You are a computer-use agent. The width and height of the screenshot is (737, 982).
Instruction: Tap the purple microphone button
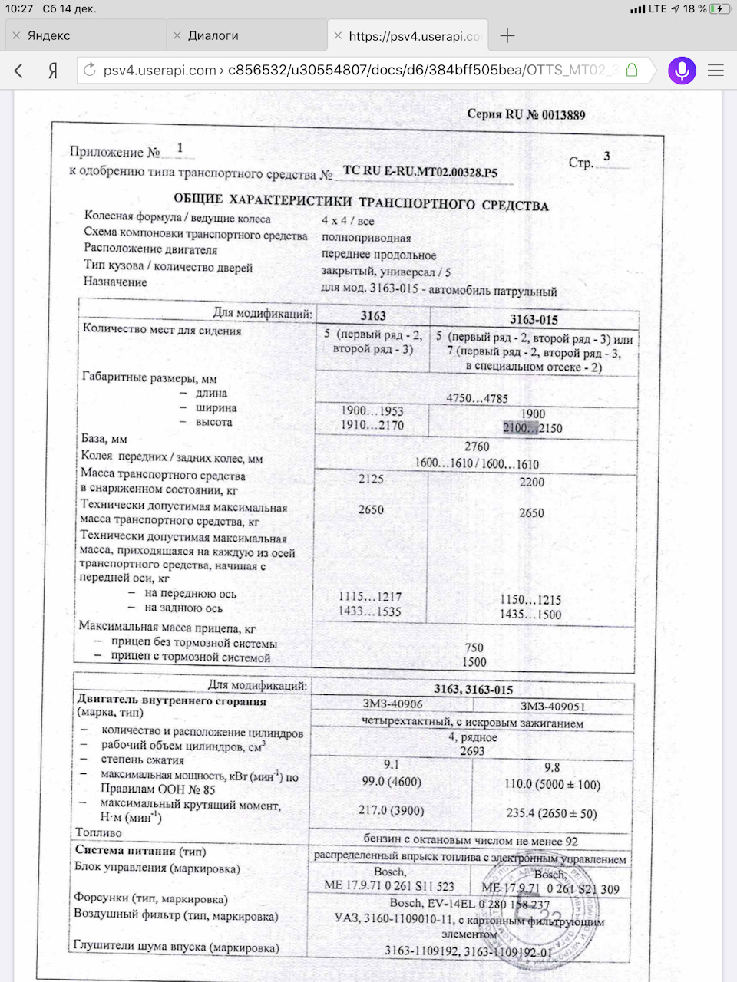pos(682,71)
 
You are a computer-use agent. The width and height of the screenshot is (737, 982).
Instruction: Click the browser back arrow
pos(19,71)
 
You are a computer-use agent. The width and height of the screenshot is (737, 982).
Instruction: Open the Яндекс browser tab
pos(49,35)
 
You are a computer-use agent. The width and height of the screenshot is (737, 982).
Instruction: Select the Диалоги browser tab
pos(213,35)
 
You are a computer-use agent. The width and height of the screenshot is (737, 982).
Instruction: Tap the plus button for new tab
pos(507,35)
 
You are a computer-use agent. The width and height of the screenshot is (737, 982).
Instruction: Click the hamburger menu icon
pos(716,71)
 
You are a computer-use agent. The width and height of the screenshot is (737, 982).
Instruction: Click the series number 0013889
pos(563,115)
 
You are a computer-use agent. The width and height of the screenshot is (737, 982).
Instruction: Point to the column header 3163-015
pos(534,319)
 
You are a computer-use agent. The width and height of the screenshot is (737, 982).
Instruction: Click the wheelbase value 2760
pos(477,447)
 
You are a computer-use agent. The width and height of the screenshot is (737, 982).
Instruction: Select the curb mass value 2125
pos(371,479)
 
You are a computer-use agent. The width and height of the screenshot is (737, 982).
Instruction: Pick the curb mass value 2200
pos(531,483)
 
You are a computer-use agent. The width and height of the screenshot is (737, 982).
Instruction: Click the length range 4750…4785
pos(477,398)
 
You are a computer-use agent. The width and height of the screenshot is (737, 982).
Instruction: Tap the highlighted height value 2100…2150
pos(533,428)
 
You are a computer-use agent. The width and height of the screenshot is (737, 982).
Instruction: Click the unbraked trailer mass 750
pos(474,648)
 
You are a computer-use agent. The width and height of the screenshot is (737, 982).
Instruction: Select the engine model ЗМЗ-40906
pos(392,705)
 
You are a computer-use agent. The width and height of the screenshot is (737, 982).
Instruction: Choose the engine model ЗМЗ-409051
pos(552,707)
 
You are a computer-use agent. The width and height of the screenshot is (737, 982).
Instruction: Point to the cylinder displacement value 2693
pos(472,751)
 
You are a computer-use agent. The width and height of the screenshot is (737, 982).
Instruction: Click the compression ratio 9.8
pos(552,767)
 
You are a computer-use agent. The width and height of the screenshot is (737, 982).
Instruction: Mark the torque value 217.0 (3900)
pos(391,810)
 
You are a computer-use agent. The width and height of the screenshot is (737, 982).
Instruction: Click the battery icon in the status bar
pos(719,8)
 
